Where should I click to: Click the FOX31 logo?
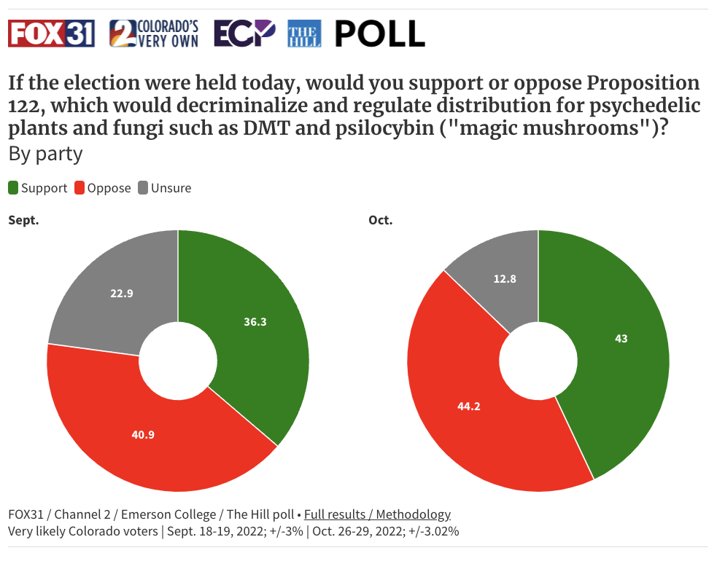pos(51,34)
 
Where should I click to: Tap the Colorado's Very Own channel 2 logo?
pos(154,34)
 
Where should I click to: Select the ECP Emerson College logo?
pos(244,34)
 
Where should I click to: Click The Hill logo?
pos(304,34)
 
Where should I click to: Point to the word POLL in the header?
pos(379,34)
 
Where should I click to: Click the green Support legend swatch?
pos(13,188)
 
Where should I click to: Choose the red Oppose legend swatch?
pos(80,188)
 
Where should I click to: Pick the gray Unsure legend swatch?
pos(143,188)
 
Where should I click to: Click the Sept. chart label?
pos(23,220)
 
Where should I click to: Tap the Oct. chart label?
pos(381,220)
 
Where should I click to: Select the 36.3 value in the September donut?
pos(255,321)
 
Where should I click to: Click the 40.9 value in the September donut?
pos(142,434)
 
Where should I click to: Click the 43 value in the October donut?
pos(621,338)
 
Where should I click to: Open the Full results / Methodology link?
pos(377,514)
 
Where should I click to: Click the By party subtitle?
pos(45,154)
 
